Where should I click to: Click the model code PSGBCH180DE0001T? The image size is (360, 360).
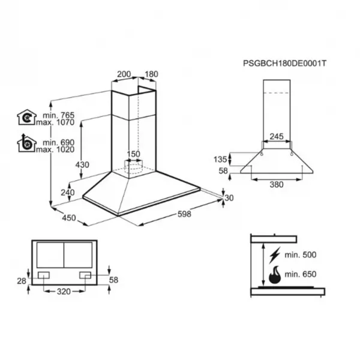(284, 64)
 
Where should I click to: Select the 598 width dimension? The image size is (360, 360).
(184, 214)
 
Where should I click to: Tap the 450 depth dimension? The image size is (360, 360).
(69, 218)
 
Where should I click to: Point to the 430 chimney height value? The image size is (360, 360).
(82, 164)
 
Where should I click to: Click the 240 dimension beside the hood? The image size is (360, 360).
(68, 193)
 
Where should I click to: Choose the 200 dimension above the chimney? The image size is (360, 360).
(124, 74)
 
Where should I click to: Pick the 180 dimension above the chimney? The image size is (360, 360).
(152, 74)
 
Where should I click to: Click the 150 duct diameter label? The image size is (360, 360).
(133, 154)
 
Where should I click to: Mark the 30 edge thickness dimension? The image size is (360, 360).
(229, 197)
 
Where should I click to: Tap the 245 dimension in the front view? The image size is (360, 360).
(277, 136)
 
